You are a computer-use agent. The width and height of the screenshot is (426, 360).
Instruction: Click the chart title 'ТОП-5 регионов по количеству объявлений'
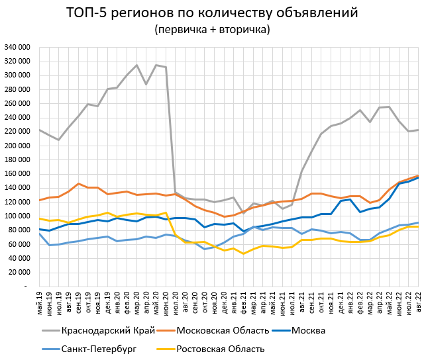click(212, 13)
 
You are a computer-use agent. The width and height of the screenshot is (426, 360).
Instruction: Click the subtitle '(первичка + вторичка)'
click(212, 30)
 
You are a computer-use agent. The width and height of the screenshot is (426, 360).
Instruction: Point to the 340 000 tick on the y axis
click(19, 48)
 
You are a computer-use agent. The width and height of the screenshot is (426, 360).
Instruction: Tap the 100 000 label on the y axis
click(19, 216)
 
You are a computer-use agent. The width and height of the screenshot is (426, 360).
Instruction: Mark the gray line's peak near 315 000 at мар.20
click(136, 66)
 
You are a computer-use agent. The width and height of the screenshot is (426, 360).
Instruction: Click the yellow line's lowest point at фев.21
click(244, 253)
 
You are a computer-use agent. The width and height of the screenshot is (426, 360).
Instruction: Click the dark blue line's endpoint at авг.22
click(418, 177)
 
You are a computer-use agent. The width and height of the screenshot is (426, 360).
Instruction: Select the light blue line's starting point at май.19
click(40, 234)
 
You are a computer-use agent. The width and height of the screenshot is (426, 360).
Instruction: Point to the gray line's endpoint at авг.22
click(418, 130)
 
